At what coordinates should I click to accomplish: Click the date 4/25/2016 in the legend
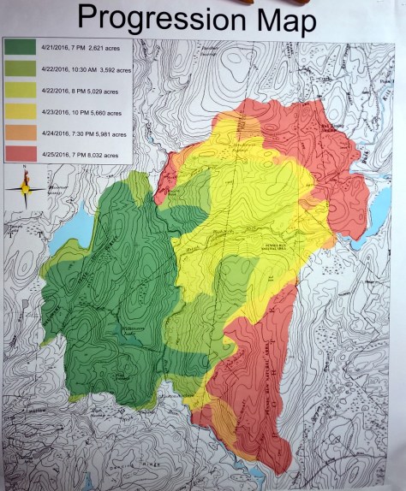[57, 155]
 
